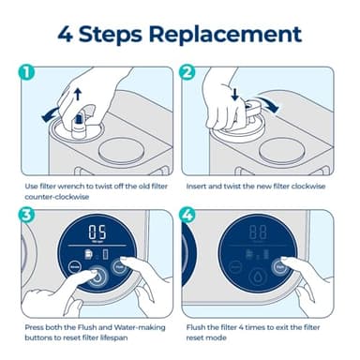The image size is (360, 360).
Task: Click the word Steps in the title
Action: coord(115,36)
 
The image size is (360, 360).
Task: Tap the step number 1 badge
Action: coord(27,72)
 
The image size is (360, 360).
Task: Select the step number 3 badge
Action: coord(27,215)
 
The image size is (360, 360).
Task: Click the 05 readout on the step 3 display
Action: coord(96,232)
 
